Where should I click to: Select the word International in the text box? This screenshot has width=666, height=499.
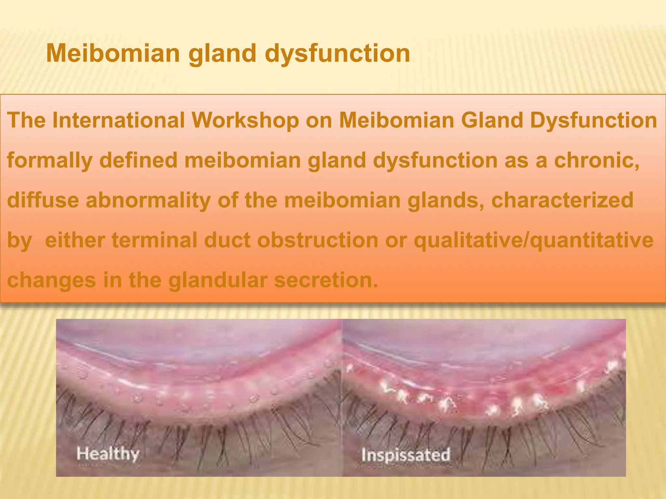pyautogui.click(x=118, y=120)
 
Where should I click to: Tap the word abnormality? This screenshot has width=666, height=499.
pyautogui.click(x=148, y=200)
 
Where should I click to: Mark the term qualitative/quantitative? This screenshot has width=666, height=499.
pyautogui.click(x=533, y=240)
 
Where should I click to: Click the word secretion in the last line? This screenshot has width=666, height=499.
pyautogui.click(x=326, y=280)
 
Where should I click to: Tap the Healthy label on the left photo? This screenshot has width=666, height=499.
pyautogui.click(x=108, y=454)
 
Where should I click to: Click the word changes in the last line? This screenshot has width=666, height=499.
pyautogui.click(x=51, y=280)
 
